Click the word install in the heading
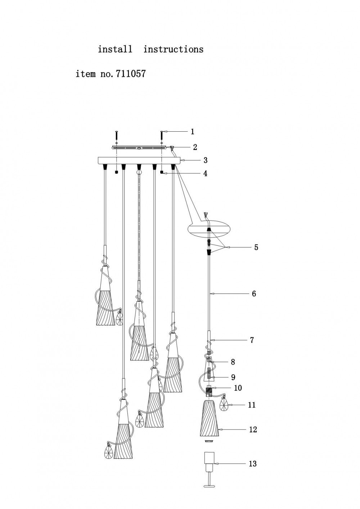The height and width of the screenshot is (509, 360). (115, 49)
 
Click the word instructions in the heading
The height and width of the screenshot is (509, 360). (173, 49)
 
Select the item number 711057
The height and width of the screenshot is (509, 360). (131, 74)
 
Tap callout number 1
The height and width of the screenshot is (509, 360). (193, 132)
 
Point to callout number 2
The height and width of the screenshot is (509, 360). (195, 147)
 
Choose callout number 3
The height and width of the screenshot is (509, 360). (205, 160)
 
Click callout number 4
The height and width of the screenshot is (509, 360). (205, 173)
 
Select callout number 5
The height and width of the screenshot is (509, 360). (256, 247)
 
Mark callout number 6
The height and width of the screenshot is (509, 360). (254, 294)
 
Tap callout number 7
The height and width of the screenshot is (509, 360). (252, 340)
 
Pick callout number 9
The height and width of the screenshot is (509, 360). (233, 377)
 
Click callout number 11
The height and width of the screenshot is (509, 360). (252, 405)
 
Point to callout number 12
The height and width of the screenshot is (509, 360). (253, 430)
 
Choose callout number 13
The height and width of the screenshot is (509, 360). (253, 464)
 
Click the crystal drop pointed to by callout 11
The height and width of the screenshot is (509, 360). (224, 405)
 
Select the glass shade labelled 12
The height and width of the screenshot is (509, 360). (209, 418)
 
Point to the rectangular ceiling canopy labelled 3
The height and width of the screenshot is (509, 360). (139, 160)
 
